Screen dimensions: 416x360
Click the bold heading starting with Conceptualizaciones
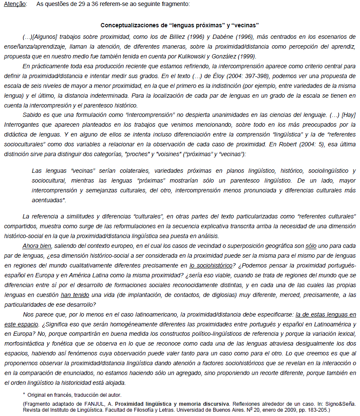point(180,26)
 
